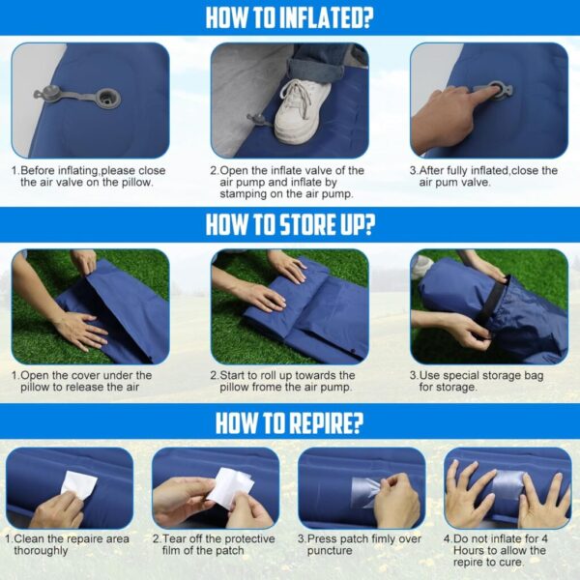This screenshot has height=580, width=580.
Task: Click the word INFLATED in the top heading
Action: click(x=326, y=17)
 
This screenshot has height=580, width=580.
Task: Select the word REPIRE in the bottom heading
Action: click(x=326, y=422)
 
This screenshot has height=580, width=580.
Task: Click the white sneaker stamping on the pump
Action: click(x=303, y=110)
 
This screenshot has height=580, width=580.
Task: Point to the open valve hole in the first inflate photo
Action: click(x=108, y=99)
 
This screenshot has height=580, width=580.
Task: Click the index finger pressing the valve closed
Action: click(x=480, y=93)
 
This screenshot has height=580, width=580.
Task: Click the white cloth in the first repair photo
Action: click(x=78, y=483)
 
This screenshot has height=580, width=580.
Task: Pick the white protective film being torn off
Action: click(x=230, y=487)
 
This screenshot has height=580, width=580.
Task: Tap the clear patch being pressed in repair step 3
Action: click(x=366, y=492)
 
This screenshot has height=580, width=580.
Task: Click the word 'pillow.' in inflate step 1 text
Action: click(x=137, y=183)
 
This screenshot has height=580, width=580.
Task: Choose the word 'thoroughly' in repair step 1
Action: click(x=41, y=550)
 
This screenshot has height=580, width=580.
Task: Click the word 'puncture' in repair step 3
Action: click(x=330, y=551)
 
